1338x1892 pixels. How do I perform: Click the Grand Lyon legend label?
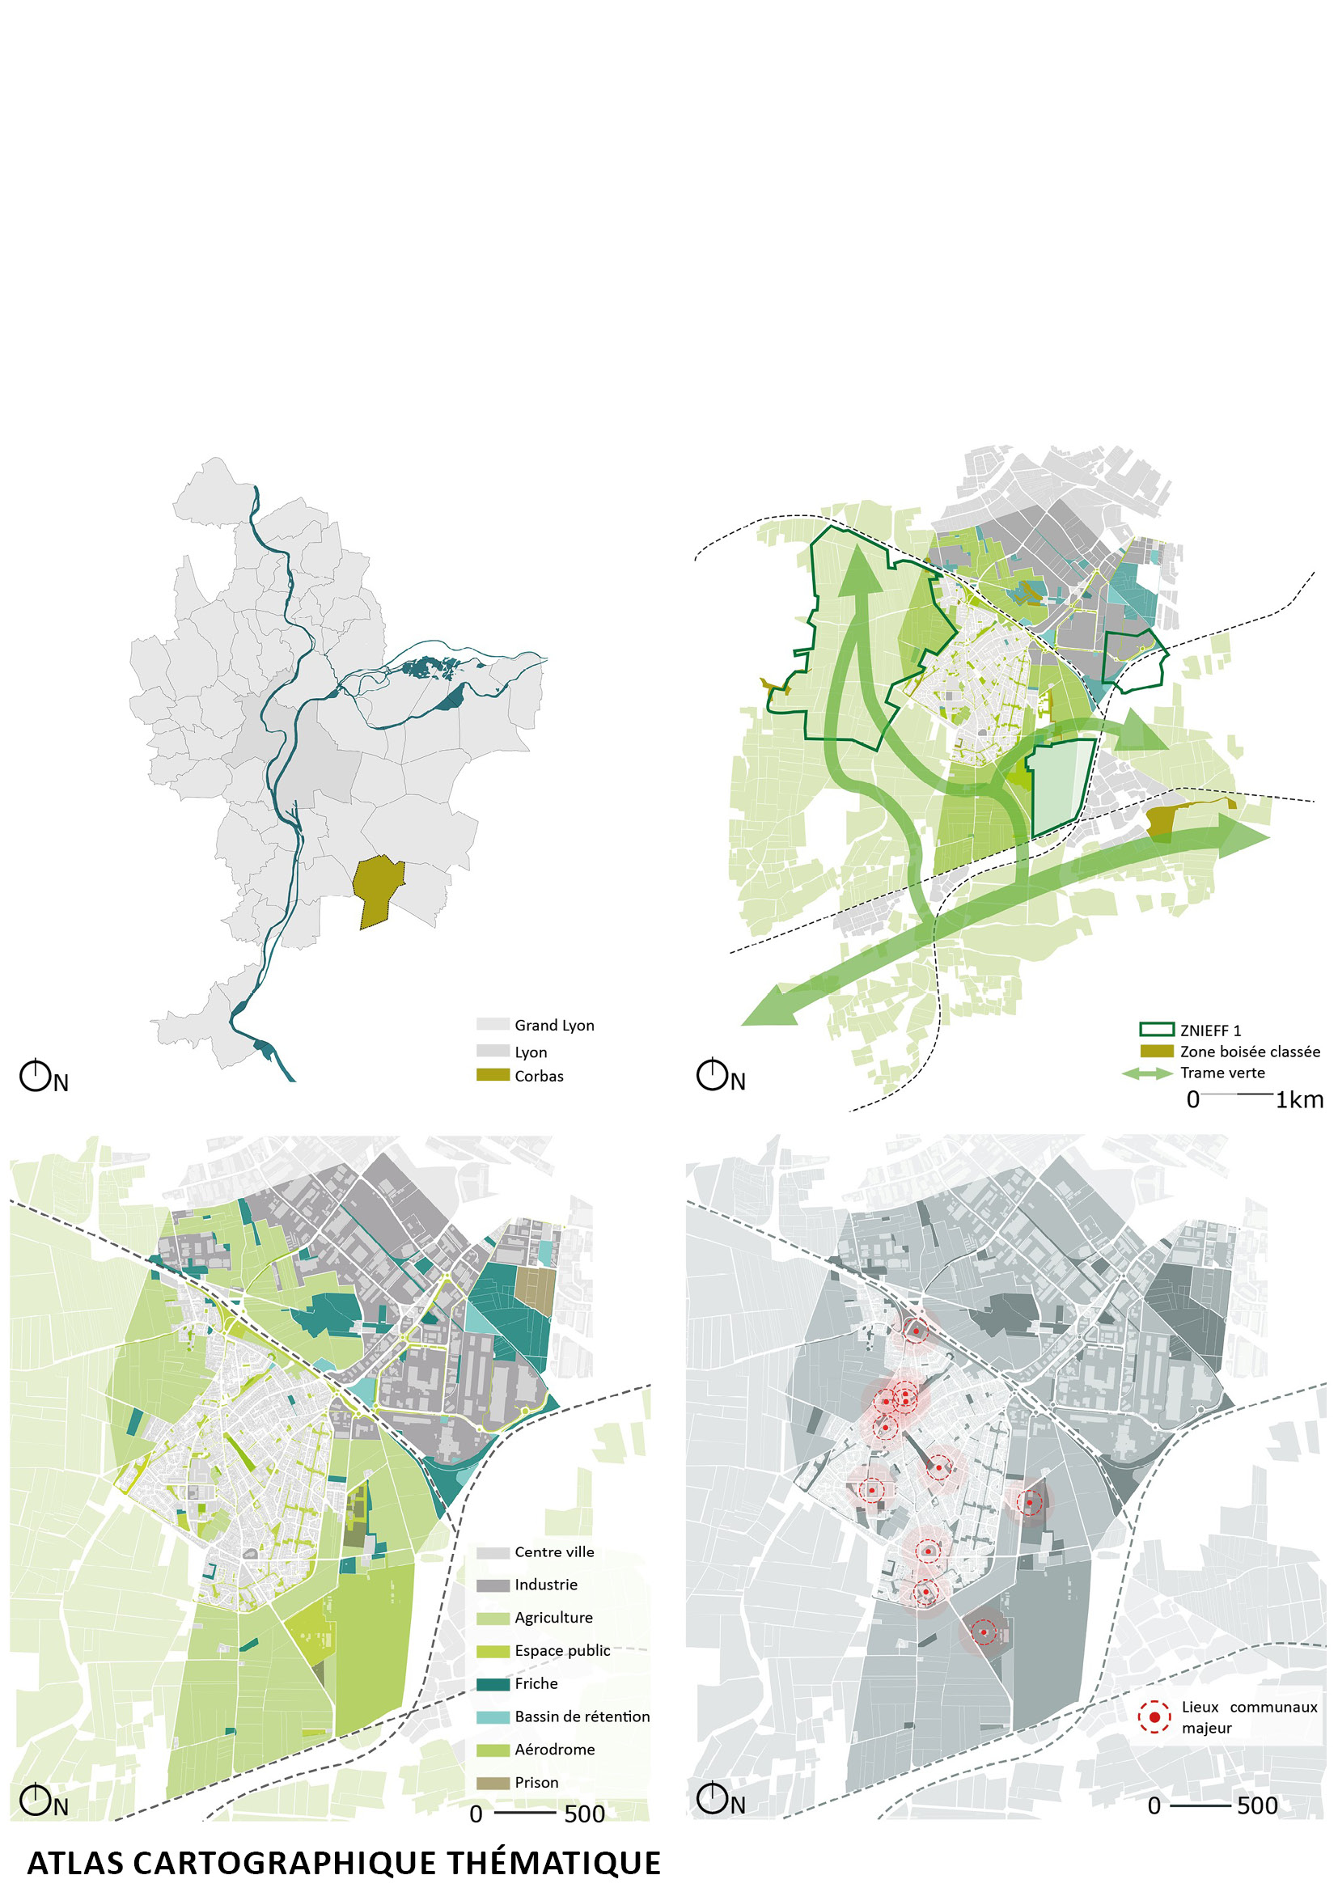pyautogui.click(x=553, y=1025)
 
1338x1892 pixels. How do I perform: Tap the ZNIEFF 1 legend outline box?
pyautogui.click(x=1156, y=1030)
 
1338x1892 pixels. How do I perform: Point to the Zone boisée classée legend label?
pyautogui.click(x=1249, y=1052)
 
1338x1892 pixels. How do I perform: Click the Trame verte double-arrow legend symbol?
pyautogui.click(x=1147, y=1073)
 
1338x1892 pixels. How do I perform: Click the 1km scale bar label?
pyautogui.click(x=1298, y=1100)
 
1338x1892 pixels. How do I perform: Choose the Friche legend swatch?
pyautogui.click(x=493, y=1684)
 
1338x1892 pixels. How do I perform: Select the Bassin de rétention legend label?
pyautogui.click(x=582, y=1717)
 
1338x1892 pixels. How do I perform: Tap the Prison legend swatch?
pyautogui.click(x=493, y=1784)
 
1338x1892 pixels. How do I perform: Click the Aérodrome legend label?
pyautogui.click(x=554, y=1750)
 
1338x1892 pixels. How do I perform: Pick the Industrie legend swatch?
pyautogui.click(x=493, y=1585)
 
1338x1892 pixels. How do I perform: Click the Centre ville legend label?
pyautogui.click(x=553, y=1552)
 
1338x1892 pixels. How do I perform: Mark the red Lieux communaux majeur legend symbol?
pyautogui.click(x=1154, y=1717)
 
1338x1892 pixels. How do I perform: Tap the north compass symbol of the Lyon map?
pyautogui.click(x=36, y=1077)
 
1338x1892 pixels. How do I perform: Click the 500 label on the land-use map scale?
pyautogui.click(x=584, y=1814)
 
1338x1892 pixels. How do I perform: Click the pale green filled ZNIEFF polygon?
pyautogui.click(x=1060, y=783)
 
